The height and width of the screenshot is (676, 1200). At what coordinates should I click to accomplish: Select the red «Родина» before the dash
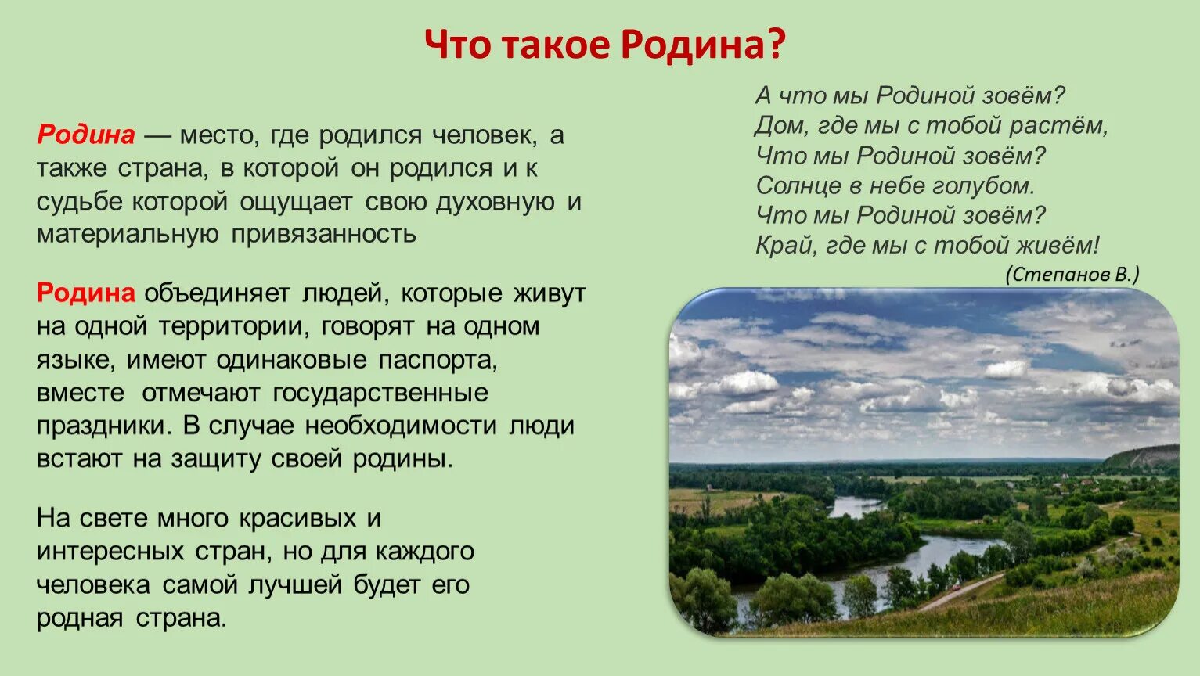[x=86, y=135]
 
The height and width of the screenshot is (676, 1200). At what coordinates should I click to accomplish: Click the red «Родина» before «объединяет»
[x=86, y=293]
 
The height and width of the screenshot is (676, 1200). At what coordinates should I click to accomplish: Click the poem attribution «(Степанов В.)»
[x=1072, y=274]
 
